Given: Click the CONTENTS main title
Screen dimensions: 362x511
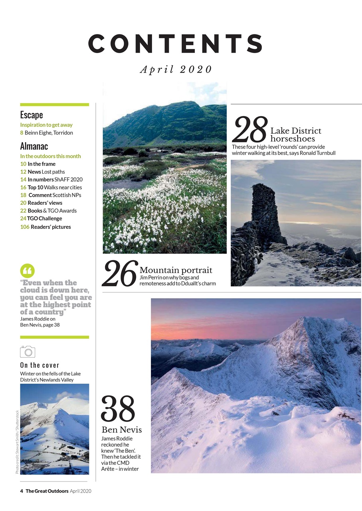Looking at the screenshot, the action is pyautogui.click(x=176, y=44).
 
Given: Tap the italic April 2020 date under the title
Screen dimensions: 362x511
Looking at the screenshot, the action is pyautogui.click(x=176, y=69).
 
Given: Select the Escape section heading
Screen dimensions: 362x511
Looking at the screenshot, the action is pyautogui.click(x=32, y=115).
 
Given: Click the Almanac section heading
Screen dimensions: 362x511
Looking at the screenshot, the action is pyautogui.click(x=34, y=146).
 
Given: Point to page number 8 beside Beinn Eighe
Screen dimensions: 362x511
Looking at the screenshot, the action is pyautogui.click(x=22, y=133).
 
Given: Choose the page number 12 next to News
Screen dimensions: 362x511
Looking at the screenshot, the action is pyautogui.click(x=23, y=172).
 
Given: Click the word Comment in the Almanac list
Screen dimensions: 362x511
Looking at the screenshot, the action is pyautogui.click(x=40, y=195).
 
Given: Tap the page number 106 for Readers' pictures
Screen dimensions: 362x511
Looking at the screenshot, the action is pyautogui.click(x=25, y=227).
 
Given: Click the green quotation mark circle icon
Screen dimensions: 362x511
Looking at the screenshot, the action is pyautogui.click(x=27, y=271).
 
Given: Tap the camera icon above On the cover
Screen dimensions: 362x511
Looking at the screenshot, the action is pyautogui.click(x=28, y=351).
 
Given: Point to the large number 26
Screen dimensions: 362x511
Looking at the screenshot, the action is pyautogui.click(x=119, y=273).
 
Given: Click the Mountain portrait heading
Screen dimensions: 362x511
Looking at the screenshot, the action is pyautogui.click(x=176, y=270).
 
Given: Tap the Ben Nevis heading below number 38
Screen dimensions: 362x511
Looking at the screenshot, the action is pyautogui.click(x=122, y=430).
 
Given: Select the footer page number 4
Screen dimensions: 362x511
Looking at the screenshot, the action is pyautogui.click(x=22, y=491).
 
